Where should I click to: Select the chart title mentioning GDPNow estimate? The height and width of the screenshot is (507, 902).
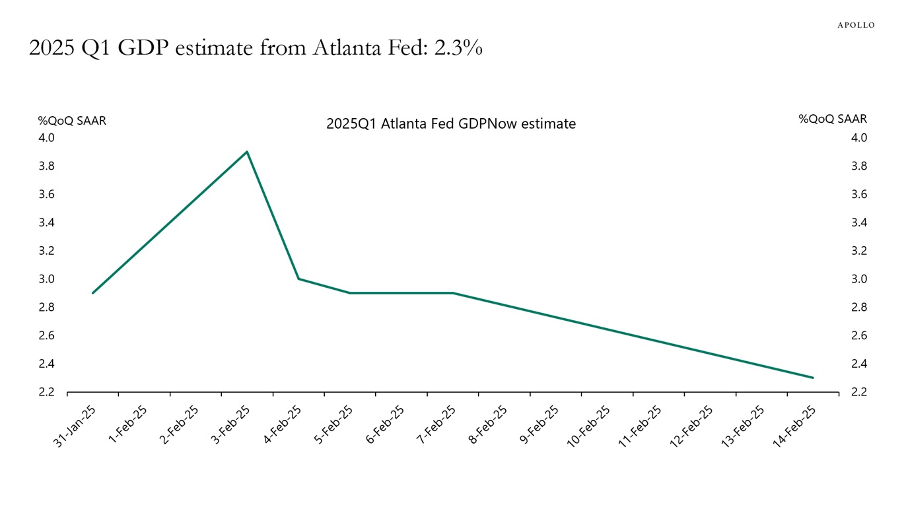coord(450,123)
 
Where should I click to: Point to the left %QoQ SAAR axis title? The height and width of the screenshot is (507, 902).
coord(72,121)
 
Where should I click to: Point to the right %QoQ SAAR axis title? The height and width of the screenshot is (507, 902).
coord(833,119)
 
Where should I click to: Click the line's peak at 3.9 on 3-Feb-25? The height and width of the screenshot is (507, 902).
coord(247,152)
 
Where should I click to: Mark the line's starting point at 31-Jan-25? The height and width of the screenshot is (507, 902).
coord(92,293)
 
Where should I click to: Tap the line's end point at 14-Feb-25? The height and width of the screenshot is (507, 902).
coord(813,378)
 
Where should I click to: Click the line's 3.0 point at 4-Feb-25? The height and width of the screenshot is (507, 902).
coord(298,279)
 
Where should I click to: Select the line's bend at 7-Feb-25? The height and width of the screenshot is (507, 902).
coord(453,293)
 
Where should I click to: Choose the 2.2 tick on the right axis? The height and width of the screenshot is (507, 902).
coord(859,392)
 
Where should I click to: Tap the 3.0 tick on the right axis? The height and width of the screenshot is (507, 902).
coord(859,279)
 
